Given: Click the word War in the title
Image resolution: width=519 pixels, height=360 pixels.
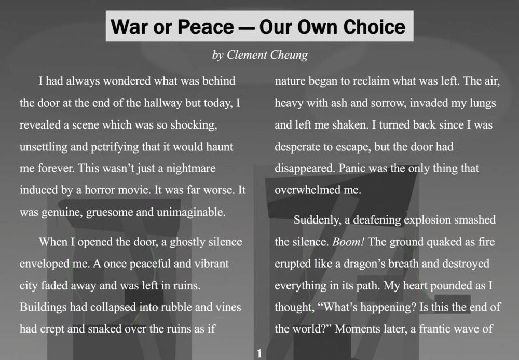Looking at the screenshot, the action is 129,27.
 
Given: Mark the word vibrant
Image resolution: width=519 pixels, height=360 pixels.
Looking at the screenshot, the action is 212,264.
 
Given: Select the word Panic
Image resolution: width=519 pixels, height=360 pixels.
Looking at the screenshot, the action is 351,169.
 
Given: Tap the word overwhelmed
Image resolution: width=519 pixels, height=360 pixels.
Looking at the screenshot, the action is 305,190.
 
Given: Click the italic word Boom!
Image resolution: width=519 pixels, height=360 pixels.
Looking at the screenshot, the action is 348,242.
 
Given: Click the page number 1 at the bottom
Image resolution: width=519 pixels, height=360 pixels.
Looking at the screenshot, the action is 259,353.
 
